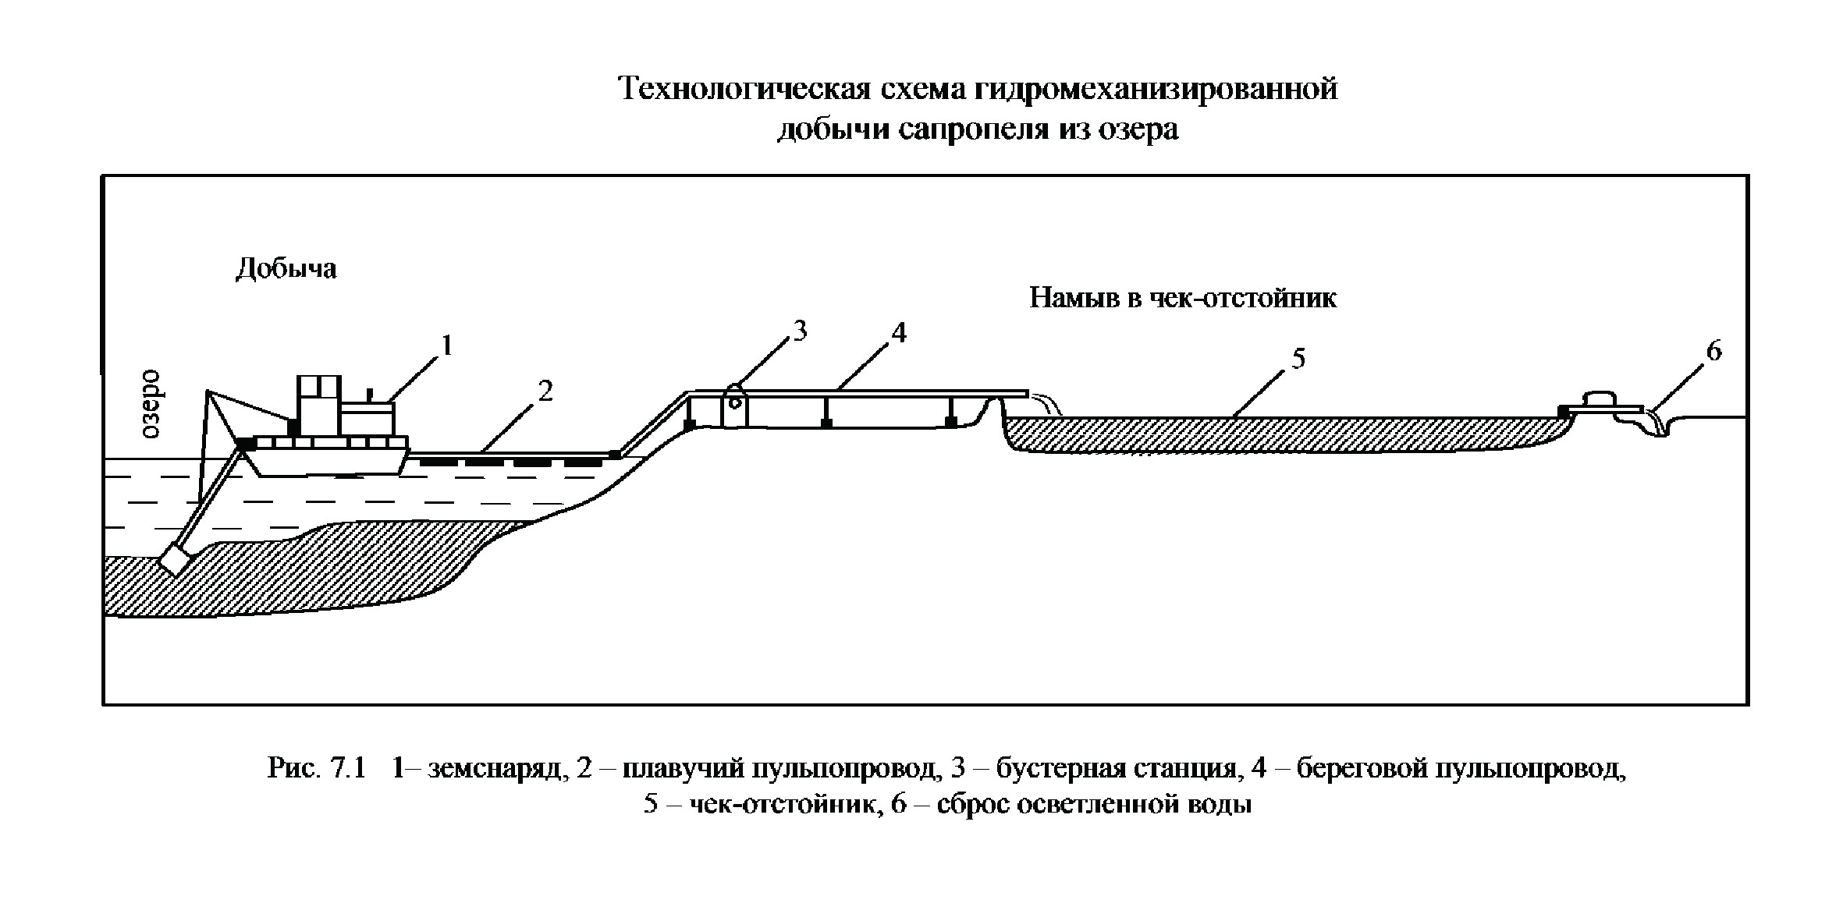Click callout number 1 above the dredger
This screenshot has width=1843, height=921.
[x=446, y=345]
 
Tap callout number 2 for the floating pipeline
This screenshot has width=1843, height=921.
[x=545, y=391]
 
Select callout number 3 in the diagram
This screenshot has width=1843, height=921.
[x=800, y=331]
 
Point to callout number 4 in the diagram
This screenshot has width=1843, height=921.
[x=899, y=332]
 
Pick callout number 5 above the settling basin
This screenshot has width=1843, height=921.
[x=1298, y=359]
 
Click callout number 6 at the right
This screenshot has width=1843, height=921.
[x=1713, y=351]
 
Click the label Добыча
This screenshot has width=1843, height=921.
[x=286, y=268]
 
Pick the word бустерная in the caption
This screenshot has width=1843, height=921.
[x=1063, y=769]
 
